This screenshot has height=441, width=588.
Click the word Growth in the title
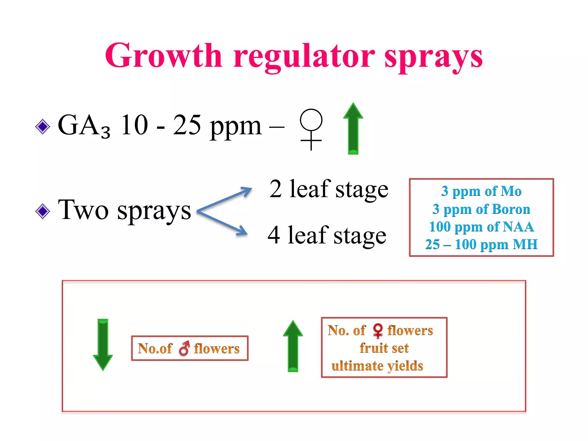click(x=164, y=56)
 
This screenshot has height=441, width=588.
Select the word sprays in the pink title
click(x=434, y=57)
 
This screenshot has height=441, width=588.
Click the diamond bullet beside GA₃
click(x=42, y=127)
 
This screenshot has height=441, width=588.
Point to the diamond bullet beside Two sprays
click(x=42, y=211)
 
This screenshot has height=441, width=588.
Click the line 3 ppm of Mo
click(x=481, y=191)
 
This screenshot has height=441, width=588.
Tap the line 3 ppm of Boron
click(x=481, y=209)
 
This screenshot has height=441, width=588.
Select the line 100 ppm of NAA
click(x=481, y=227)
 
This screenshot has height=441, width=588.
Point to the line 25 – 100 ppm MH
click(x=481, y=245)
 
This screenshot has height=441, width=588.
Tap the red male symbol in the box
click(x=184, y=348)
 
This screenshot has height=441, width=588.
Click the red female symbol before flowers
click(x=378, y=330)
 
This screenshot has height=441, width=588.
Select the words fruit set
click(x=384, y=348)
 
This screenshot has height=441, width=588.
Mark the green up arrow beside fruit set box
click(x=293, y=346)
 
